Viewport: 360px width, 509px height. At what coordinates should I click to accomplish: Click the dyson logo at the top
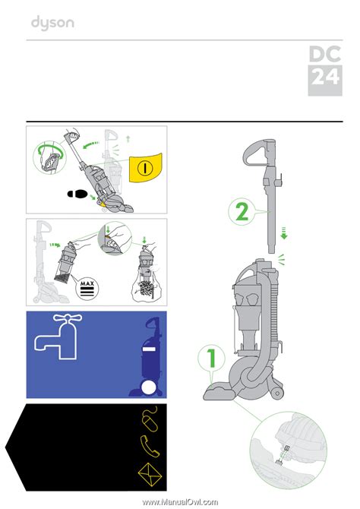tap(52, 23)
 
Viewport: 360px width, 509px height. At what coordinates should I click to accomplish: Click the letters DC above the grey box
tap(325, 54)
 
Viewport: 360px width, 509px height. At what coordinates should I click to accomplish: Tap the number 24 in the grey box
tap(325, 77)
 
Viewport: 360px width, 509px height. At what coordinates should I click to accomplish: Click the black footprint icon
tap(77, 194)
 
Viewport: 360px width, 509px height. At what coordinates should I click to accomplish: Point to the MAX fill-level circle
tap(87, 288)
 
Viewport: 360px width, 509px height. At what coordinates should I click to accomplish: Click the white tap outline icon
tap(58, 337)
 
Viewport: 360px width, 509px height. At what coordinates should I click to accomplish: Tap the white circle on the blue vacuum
tap(149, 388)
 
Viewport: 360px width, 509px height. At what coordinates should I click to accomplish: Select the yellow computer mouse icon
tap(150, 418)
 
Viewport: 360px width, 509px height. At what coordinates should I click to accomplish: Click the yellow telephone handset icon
tap(150, 446)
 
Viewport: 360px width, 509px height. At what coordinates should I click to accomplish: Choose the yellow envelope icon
tap(150, 475)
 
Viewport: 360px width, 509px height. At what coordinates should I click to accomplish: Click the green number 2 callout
tap(242, 212)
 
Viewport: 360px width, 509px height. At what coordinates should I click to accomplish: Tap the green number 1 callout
tap(212, 359)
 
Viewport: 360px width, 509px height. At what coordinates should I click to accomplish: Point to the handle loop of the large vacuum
tap(254, 152)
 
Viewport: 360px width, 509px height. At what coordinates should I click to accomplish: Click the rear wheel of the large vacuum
tap(277, 394)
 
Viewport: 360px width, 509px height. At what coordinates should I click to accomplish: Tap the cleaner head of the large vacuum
tap(219, 392)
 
